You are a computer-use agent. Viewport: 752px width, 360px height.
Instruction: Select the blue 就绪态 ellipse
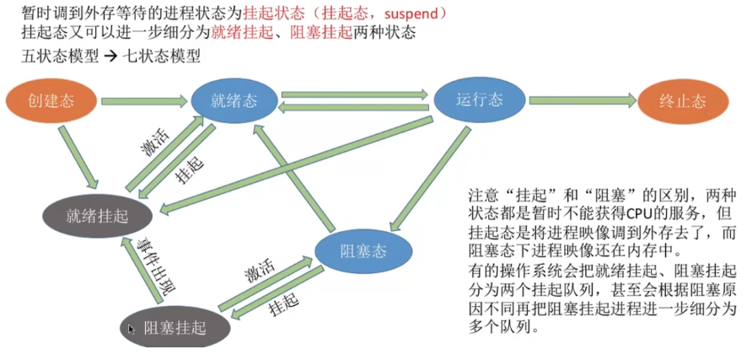(234, 100)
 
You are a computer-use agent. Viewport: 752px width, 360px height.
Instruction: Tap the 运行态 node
(479, 99)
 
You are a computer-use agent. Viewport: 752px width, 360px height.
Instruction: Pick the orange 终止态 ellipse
(683, 102)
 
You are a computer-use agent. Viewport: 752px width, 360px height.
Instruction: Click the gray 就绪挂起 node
(97, 216)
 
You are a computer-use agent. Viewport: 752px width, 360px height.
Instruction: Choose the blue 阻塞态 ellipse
(363, 251)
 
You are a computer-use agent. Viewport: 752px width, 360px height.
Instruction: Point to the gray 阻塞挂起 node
(175, 328)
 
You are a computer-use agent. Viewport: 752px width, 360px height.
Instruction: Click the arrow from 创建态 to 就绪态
(143, 101)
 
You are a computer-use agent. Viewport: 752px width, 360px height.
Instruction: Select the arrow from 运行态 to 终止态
(583, 100)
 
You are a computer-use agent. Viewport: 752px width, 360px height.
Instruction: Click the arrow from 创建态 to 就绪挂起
(78, 157)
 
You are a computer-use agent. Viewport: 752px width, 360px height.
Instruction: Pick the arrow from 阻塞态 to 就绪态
(295, 177)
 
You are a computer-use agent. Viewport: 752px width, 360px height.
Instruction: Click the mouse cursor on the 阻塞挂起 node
(132, 329)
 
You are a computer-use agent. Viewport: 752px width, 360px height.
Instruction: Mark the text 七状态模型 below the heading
(161, 56)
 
